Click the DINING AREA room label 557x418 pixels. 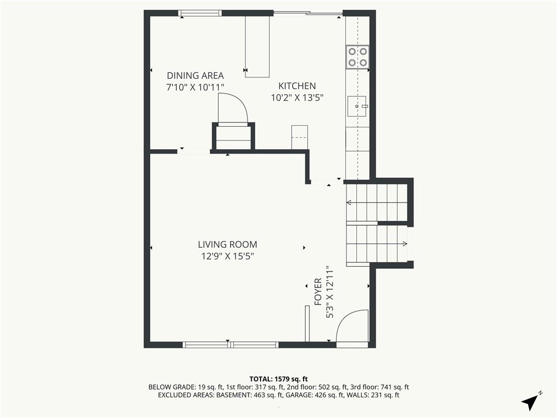click(195, 76)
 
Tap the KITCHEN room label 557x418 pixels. click(297, 86)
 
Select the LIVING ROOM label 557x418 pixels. click(227, 244)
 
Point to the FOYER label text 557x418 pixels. click(318, 292)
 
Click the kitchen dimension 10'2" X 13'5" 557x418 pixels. click(297, 98)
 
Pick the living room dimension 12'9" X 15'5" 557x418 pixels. click(227, 256)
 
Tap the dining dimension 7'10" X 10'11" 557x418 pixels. click(195, 87)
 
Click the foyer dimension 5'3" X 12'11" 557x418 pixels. click(330, 292)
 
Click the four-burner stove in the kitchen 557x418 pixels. click(357, 57)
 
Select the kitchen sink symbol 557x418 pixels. click(357, 106)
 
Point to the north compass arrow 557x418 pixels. click(530, 402)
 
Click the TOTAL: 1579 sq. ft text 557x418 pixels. click(278, 379)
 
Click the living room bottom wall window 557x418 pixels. click(231, 345)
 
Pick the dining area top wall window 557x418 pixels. click(200, 13)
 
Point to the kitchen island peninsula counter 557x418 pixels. click(257, 47)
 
